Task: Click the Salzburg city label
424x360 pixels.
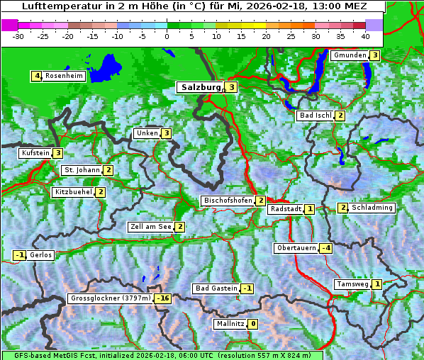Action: point(201,87)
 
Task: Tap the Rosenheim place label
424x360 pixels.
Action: point(64,76)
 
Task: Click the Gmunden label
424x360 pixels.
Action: point(350,55)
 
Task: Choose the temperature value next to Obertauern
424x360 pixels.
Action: point(325,248)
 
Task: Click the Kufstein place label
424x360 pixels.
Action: point(35,152)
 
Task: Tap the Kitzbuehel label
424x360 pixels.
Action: point(73,192)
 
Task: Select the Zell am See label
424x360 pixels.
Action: point(150,227)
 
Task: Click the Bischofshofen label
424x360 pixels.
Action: point(228,201)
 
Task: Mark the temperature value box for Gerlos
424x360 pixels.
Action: point(20,255)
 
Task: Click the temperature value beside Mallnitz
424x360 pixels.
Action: point(252,324)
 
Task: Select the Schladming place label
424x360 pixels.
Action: point(372,208)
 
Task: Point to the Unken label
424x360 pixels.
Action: point(147,133)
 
